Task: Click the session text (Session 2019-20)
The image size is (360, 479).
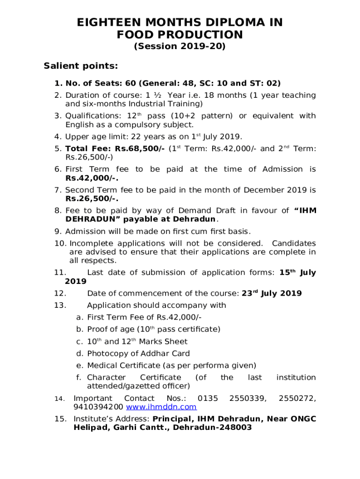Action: point(180,46)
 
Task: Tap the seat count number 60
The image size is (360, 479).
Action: point(130,83)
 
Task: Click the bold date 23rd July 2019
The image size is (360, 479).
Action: point(272,293)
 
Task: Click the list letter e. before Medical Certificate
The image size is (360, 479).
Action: point(79,365)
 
